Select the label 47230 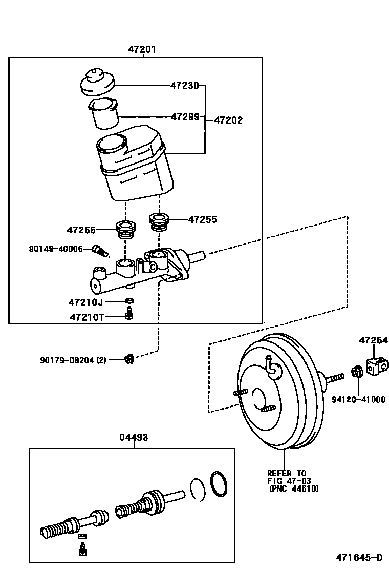tap(184, 86)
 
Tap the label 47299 tap(184, 116)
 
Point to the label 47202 tap(228, 120)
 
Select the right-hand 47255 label tap(202, 219)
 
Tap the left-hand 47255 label tap(81, 230)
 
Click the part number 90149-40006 tap(56, 249)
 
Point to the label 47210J tap(85, 301)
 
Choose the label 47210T tap(87, 317)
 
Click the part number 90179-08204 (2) tap(73, 360)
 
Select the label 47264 tap(373, 340)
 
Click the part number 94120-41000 tap(358, 399)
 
